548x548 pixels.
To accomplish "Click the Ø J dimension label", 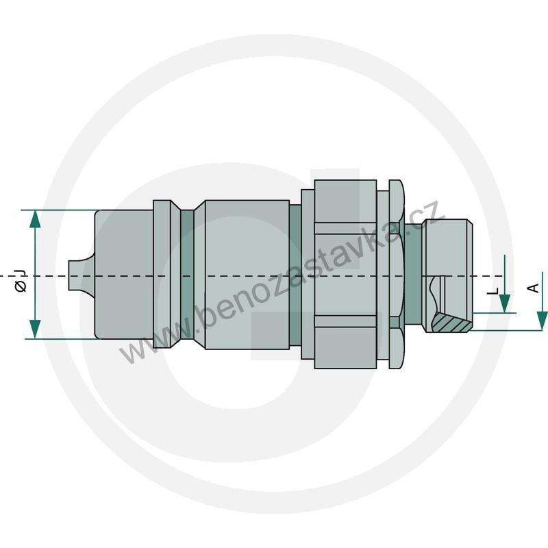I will [21, 282].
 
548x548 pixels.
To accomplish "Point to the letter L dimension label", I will [493, 290].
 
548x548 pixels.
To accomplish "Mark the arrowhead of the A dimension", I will [542, 321].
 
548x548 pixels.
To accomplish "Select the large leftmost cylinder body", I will [123, 274].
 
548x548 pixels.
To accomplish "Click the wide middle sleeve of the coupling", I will [247, 274].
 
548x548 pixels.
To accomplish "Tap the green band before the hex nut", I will [295, 274].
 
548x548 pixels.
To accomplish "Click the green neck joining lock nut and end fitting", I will [414, 274].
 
